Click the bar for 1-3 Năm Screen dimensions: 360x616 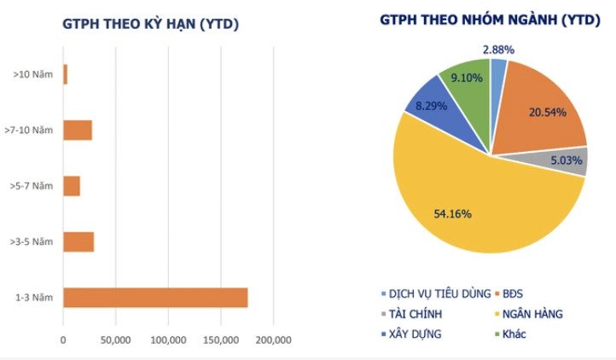[155, 298]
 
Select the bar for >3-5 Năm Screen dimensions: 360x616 [78, 241]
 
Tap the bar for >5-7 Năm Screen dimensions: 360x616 [72, 186]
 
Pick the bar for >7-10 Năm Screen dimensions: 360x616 [78, 131]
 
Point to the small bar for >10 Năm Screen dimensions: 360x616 [65, 74]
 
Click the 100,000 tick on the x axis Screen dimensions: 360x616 [168, 340]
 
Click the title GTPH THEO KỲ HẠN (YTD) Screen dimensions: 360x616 [150, 24]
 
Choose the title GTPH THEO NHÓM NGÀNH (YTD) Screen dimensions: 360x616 [490, 20]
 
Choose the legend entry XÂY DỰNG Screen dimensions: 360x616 [416, 334]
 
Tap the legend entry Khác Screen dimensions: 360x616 [514, 334]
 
